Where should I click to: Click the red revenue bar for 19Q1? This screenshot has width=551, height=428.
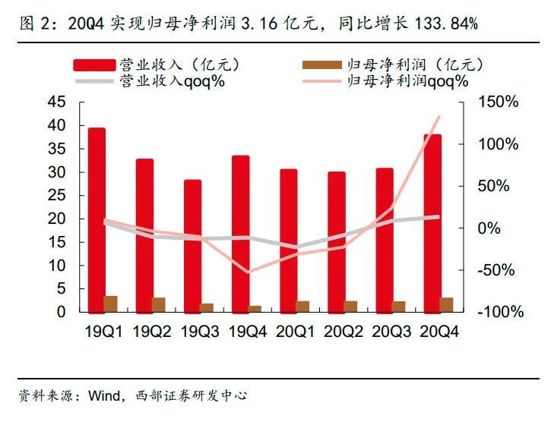click(x=97, y=220)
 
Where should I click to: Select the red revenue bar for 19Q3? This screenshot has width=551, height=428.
click(x=193, y=246)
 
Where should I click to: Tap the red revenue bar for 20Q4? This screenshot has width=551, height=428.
click(x=432, y=223)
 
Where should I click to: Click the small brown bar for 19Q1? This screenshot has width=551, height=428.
click(x=111, y=304)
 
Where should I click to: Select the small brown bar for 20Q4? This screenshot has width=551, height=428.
click(x=447, y=304)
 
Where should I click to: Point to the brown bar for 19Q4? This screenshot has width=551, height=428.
click(x=255, y=308)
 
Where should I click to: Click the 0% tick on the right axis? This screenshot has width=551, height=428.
click(x=488, y=228)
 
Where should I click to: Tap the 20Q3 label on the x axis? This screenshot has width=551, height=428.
click(x=391, y=332)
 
